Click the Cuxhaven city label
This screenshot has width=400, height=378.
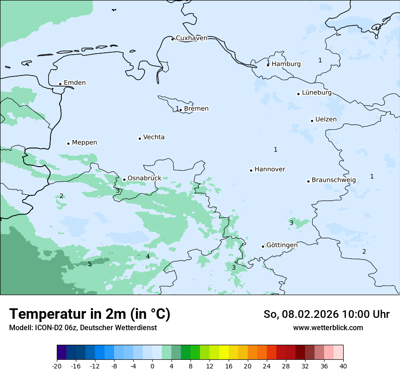[x=191, y=38]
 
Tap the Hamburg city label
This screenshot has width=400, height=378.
[x=286, y=64]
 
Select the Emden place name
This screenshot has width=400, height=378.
[x=75, y=83]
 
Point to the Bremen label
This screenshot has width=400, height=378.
[x=196, y=109]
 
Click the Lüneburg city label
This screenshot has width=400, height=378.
[x=316, y=92]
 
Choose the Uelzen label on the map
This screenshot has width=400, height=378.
[x=326, y=119]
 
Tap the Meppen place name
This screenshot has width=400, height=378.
[x=84, y=143]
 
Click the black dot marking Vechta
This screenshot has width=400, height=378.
[x=140, y=138]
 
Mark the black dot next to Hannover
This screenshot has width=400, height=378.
[x=251, y=170]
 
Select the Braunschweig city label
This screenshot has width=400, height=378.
[x=334, y=180]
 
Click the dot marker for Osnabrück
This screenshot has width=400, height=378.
[x=124, y=179]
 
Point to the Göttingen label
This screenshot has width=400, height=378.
[x=282, y=245]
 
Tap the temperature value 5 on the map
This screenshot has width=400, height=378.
[x=90, y=264]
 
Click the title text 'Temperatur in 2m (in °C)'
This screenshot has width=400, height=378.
[x=90, y=314]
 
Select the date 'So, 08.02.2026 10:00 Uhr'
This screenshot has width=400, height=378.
[x=326, y=315]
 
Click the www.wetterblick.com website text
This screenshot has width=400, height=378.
[x=328, y=328]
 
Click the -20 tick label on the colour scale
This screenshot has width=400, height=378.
[x=57, y=366]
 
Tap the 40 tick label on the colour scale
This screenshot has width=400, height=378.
[x=343, y=366]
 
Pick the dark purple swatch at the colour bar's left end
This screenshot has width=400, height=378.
[x=61, y=352]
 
